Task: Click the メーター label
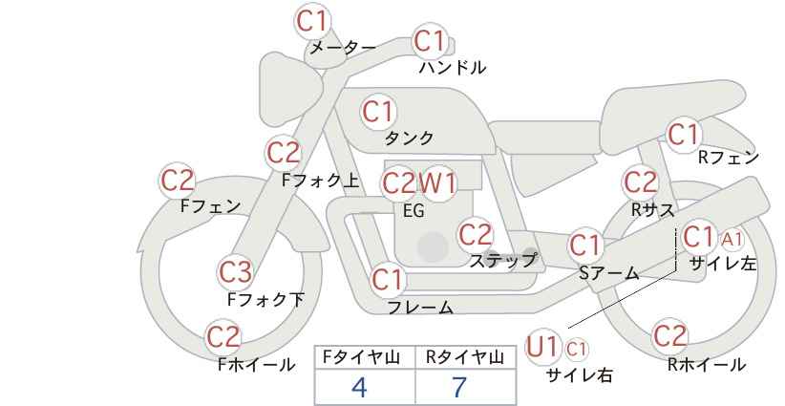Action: pos(343,48)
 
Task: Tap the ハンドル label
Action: pos(453,68)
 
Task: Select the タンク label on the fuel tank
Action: pos(409,138)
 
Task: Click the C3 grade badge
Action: pos(235,273)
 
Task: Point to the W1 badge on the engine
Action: pos(438,183)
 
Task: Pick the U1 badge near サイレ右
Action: pos(542,347)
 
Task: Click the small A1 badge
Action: pos(732,240)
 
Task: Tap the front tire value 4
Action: pos(360,387)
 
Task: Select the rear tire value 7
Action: pos(459,387)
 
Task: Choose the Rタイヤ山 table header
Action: pos(464,357)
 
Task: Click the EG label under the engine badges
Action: pos(414,211)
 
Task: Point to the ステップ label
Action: pos(502,261)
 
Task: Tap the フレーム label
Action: pos(420,308)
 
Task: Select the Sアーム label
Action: pos(609,273)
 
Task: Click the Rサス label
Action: pos(652,210)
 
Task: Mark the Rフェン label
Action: pos(729,158)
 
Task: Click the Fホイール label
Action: pos(257,365)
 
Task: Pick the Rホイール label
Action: pos(707,365)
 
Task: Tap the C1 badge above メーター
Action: pos(311,21)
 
